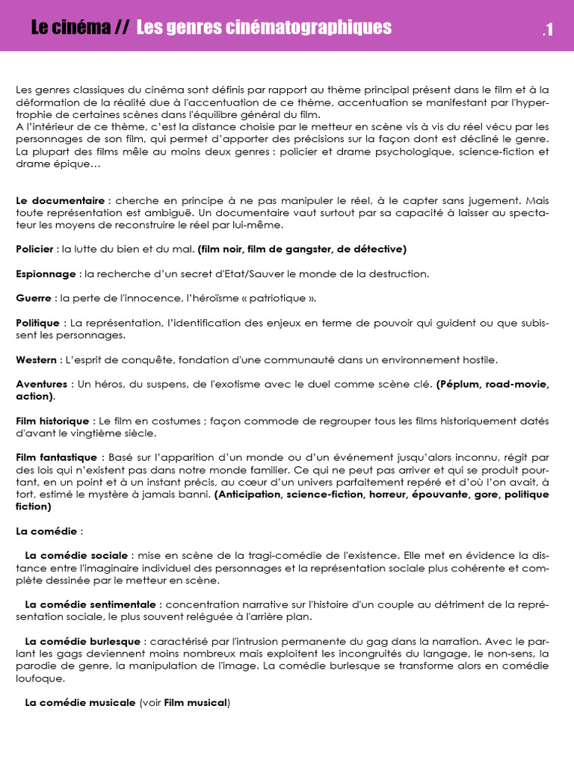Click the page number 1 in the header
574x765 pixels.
549,30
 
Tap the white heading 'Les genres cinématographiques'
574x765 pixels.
264,28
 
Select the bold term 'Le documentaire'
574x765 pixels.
61,201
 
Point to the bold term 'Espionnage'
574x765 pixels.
46,273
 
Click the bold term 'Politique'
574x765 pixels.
37,323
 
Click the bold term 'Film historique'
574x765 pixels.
52,421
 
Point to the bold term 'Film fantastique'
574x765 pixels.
56,457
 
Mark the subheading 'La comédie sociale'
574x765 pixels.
77,556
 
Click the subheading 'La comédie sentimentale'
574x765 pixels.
90,604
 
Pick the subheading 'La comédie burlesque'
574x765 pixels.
83,642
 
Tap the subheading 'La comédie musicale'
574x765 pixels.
80,703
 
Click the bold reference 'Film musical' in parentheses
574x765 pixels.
196,703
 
